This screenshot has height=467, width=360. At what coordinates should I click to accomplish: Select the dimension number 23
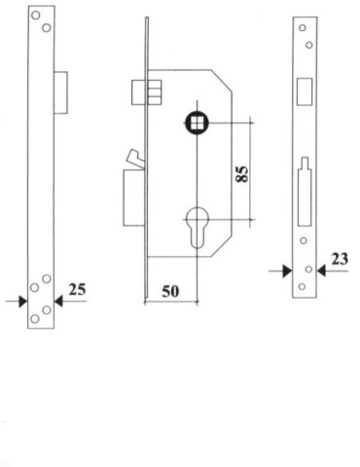tap(341, 259)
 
